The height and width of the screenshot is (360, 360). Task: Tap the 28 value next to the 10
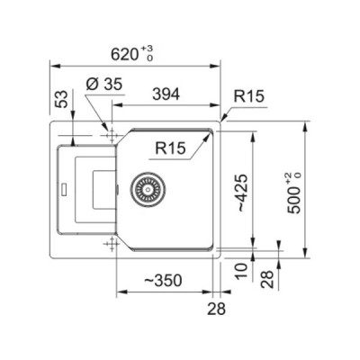coord(266,279)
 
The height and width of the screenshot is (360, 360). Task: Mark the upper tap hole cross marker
coord(112,136)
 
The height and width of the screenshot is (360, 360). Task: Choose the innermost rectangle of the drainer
coord(94,190)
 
